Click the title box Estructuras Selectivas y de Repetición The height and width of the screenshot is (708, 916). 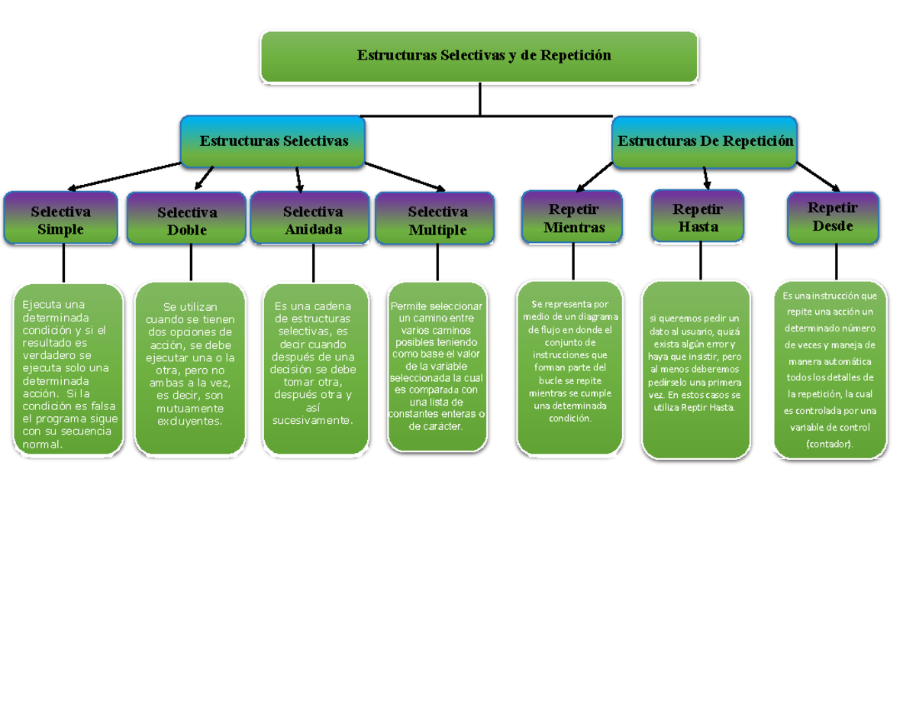tap(479, 56)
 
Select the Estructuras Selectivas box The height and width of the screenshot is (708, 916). tap(273, 141)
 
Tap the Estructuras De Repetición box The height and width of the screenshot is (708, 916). tap(705, 141)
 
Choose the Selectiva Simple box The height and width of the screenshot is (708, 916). tap(60, 219)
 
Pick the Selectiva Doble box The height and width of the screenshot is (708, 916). tap(187, 220)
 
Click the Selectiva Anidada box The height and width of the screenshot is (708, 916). tap(312, 220)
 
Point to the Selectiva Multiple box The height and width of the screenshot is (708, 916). tap(437, 220)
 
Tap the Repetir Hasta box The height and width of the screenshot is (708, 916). tap(698, 218)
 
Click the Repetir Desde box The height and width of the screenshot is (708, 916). tap(833, 217)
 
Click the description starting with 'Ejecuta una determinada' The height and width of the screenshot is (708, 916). tap(69, 370)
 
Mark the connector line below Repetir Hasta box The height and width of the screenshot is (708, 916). tap(700, 260)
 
